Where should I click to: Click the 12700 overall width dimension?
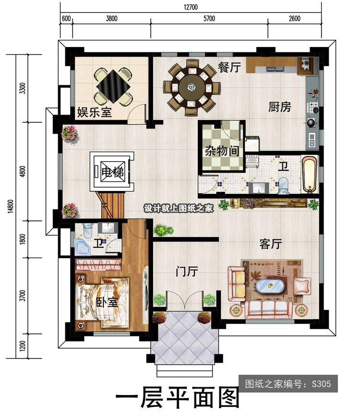191,7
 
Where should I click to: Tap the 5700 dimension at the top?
209,18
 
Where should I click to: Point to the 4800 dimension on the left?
23,171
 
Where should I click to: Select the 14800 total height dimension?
11,206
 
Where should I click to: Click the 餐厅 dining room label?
229,67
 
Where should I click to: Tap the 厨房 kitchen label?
279,107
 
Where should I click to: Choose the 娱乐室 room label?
95,112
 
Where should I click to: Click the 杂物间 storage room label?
222,151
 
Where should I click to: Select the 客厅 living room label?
271,244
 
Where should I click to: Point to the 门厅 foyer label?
187,272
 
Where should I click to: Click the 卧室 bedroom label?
107,302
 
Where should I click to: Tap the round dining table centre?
192,87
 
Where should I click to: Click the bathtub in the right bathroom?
310,174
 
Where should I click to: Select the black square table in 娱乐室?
114,86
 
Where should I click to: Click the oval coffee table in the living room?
270,286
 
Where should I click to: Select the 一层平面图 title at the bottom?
177,398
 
